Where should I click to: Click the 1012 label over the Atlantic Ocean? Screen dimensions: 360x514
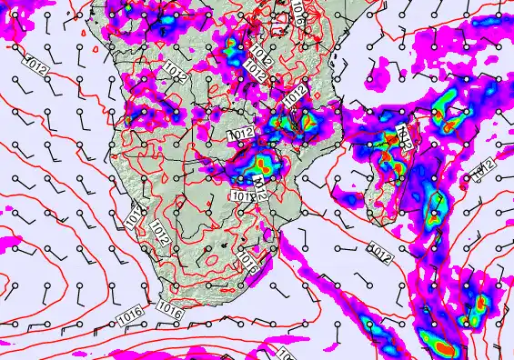tap(37, 65)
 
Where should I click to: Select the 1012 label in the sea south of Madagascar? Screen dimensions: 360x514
tap(380, 246)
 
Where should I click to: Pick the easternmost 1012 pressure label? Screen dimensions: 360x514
tap(482, 168)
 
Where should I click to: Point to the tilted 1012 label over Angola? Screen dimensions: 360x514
tap(176, 72)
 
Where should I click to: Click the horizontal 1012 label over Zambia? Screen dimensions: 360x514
tap(241, 134)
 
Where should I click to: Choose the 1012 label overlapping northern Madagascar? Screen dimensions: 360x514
tap(406, 137)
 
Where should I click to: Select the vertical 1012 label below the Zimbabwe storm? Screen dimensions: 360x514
tap(260, 191)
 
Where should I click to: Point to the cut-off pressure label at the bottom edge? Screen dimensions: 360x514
tap(285, 353)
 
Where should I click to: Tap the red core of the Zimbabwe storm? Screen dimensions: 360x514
tap(265, 164)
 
